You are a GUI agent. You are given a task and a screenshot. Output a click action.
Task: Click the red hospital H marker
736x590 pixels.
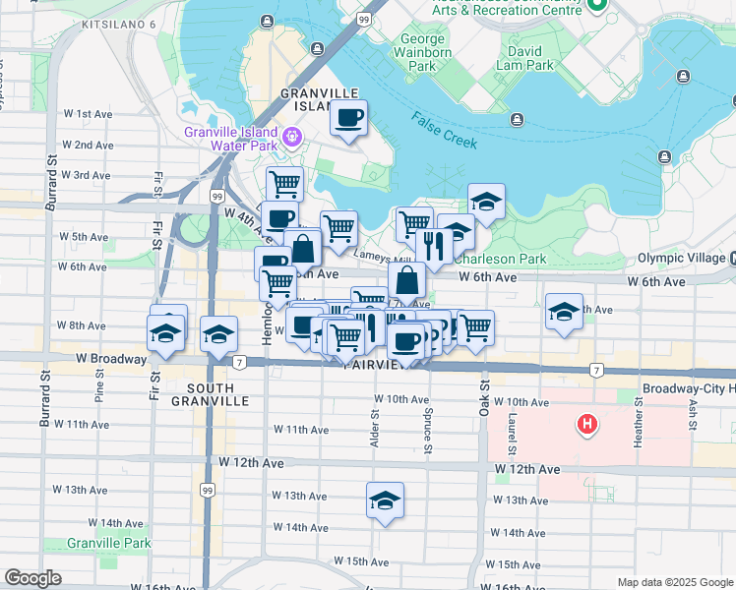pos(587,425)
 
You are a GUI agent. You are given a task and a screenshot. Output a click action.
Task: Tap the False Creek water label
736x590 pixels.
pos(445,133)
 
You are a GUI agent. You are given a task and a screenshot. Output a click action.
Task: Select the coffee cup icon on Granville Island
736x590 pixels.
pos(348,120)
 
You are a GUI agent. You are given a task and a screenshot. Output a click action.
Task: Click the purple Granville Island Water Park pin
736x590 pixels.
pos(291,135)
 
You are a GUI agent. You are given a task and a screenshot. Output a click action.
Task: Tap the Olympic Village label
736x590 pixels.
pos(680,258)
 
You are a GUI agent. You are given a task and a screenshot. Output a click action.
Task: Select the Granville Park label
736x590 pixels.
pos(109,543)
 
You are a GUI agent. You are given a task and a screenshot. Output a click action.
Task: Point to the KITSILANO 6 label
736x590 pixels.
pos(120,23)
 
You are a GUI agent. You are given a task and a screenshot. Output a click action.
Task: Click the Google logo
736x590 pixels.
pos(33,578)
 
